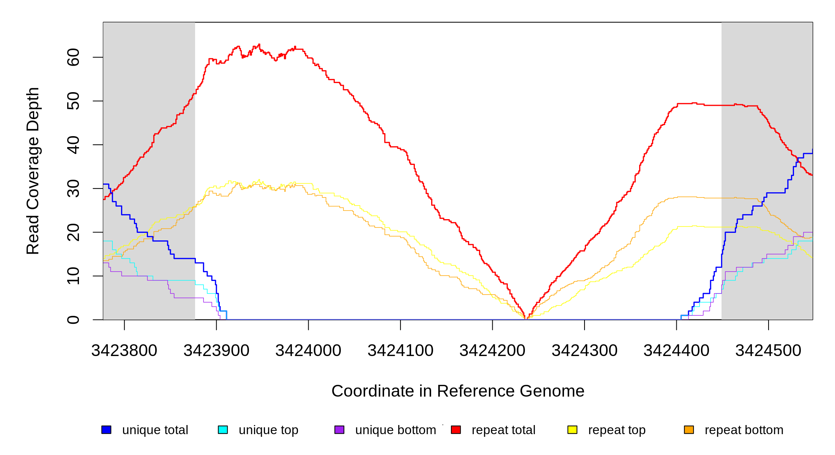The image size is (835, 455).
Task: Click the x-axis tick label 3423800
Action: tap(124, 351)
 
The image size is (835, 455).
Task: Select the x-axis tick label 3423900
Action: tap(216, 351)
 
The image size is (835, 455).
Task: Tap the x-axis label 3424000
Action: tap(308, 351)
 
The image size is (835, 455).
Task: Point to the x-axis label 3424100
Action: tap(400, 351)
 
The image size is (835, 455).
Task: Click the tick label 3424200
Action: tap(492, 351)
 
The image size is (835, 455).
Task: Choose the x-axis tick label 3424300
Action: tap(584, 351)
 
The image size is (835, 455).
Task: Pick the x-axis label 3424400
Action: tap(676, 351)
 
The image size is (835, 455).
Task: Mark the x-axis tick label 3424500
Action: tap(768, 351)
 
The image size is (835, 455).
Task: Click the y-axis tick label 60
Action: tap(73, 57)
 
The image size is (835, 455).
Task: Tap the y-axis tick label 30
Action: tap(73, 188)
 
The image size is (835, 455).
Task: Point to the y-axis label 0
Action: tap(73, 320)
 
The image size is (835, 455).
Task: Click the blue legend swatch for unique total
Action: tap(106, 430)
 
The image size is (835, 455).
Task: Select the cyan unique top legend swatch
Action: tap(223, 430)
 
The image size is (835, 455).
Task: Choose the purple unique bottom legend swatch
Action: tap(339, 430)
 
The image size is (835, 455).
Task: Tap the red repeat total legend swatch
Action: tap(456, 430)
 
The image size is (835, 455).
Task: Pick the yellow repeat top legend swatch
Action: tap(572, 430)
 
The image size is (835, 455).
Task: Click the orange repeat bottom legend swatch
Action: tap(689, 430)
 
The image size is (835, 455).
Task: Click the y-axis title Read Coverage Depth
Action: tap(33, 171)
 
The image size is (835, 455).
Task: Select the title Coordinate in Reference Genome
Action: tap(458, 391)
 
